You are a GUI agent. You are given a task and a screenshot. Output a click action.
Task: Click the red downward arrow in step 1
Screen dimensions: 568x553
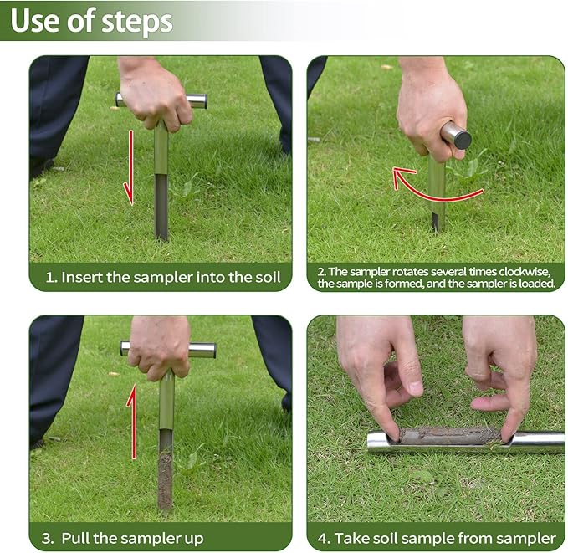tap(130, 168)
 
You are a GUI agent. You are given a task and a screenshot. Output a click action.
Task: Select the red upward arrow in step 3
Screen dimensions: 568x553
tap(132, 422)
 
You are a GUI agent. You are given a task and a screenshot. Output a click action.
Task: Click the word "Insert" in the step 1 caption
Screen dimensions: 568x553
tap(82, 278)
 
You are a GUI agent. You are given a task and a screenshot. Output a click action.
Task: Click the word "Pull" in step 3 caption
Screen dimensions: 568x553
tap(75, 539)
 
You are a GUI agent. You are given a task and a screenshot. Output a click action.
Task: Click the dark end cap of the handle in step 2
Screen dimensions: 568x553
tap(463, 141)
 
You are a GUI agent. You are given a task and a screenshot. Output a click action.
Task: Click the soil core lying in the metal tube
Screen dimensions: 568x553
tap(449, 435)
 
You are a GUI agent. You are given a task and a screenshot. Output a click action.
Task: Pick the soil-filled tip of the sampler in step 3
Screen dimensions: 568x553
tap(165, 479)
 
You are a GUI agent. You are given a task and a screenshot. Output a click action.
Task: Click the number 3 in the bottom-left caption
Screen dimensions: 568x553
tap(46, 539)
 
